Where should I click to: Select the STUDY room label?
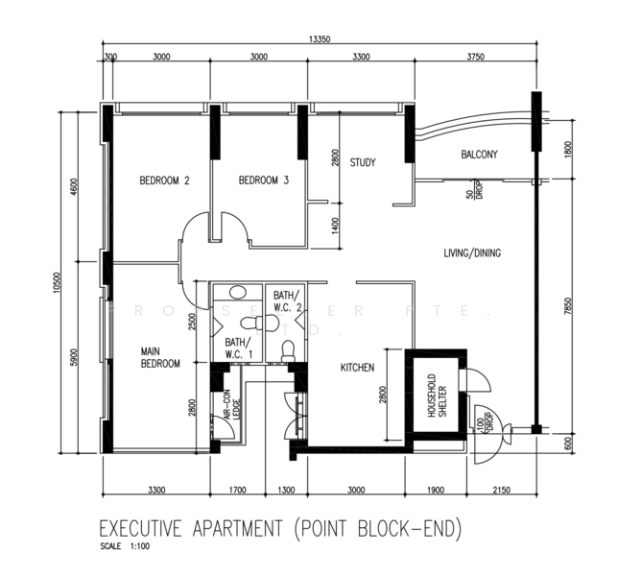[x=362, y=162]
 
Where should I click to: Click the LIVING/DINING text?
[x=472, y=253]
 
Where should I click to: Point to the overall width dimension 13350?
[x=321, y=39]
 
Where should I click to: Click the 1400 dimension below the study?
[x=335, y=226]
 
